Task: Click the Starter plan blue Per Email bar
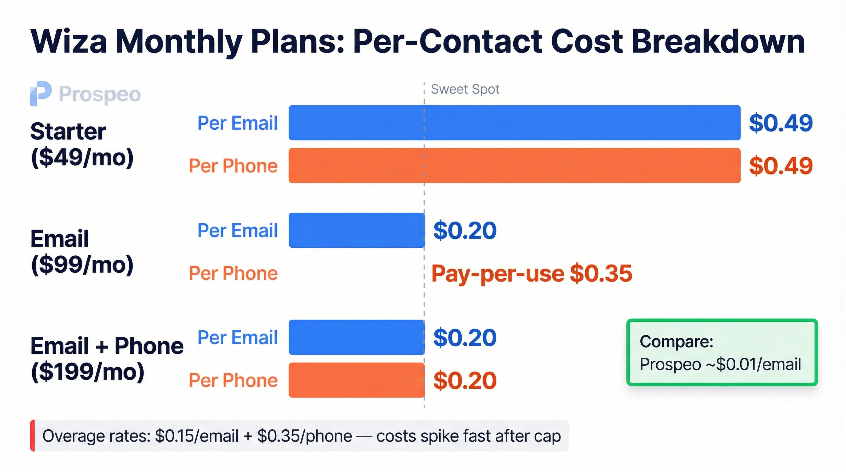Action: (x=514, y=123)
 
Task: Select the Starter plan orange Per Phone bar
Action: (x=514, y=165)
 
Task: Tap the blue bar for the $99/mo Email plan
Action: (x=356, y=230)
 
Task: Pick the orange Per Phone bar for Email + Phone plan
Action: (x=356, y=380)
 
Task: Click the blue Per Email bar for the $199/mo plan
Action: (x=356, y=337)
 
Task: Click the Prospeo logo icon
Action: (x=40, y=93)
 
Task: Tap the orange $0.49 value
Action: (x=780, y=166)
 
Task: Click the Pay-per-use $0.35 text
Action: (x=532, y=273)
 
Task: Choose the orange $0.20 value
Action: (x=465, y=380)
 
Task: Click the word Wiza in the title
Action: (x=69, y=42)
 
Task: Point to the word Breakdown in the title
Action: (x=718, y=42)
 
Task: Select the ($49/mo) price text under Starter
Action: (x=82, y=158)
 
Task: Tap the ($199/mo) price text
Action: (x=87, y=372)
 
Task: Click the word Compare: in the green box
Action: (x=676, y=341)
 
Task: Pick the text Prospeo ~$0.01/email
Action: (x=720, y=364)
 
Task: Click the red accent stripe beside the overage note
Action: (x=32, y=435)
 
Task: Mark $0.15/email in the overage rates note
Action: (x=197, y=436)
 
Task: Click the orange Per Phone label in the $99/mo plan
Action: (x=233, y=273)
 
